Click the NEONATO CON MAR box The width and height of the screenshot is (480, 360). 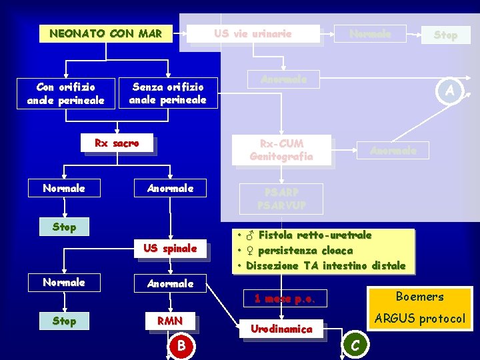point(105,33)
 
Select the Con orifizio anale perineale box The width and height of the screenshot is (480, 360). point(65,94)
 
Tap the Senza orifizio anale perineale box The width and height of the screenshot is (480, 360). point(167,94)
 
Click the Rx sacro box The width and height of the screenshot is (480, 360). point(117,144)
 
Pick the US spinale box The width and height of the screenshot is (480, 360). point(170,249)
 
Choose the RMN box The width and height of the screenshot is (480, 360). point(170,321)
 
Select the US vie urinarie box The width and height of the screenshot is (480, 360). point(253,34)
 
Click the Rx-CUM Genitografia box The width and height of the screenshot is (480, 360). point(281,150)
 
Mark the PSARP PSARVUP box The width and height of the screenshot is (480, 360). point(281,199)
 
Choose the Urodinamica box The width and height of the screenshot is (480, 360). point(281,329)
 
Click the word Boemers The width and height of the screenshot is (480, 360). point(419,297)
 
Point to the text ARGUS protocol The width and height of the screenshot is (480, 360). point(419,319)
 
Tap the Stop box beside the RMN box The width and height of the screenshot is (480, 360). point(64,321)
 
